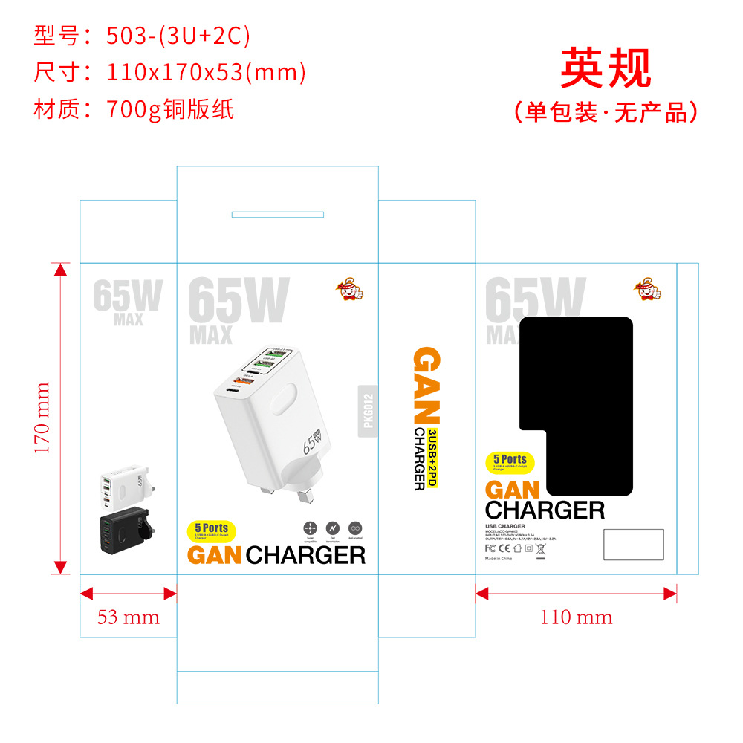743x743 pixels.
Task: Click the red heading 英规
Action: (605, 68)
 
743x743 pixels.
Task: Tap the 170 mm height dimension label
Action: (42, 418)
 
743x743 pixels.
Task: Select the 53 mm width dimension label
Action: (128, 617)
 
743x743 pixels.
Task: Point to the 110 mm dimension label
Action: (576, 617)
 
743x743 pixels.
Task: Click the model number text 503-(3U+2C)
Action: (178, 35)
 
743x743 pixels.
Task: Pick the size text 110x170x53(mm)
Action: (206, 72)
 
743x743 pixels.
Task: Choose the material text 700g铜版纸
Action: (170, 109)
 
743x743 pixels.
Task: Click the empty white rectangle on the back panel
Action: (633, 544)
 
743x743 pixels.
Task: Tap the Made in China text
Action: (499, 558)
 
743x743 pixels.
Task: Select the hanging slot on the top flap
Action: (278, 215)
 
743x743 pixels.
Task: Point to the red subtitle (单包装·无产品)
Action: (606, 111)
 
